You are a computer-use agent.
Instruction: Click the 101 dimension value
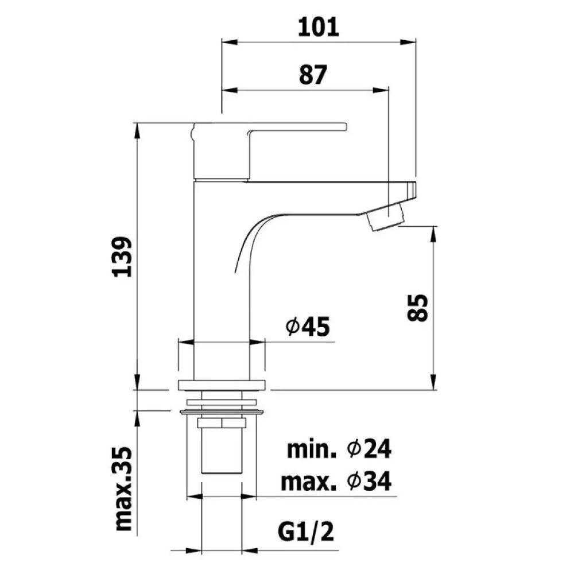[x=318, y=28]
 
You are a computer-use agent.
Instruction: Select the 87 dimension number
[x=313, y=75]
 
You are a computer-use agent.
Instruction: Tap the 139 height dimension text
[x=122, y=257]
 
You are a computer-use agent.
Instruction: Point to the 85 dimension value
[x=418, y=308]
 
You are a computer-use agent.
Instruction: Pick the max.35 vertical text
[x=123, y=488]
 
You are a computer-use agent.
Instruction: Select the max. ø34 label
[x=336, y=481]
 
